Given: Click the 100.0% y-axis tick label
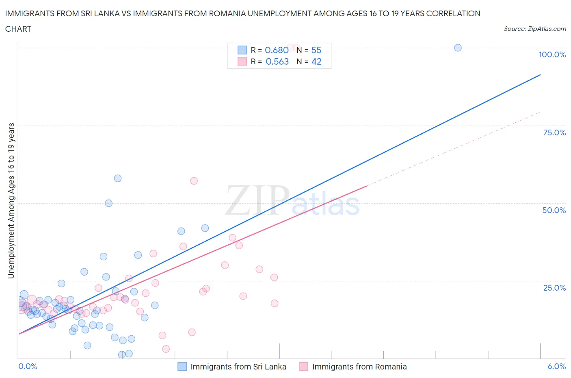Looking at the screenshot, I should [552, 55].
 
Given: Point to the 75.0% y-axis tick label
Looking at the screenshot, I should [554, 133].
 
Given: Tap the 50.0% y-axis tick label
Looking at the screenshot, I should [554, 210].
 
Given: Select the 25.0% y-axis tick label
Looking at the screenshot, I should [554, 288].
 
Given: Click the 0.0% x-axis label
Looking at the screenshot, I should [28, 366].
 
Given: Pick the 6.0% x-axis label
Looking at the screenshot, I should [556, 366].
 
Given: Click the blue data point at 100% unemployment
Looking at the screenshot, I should [458, 48].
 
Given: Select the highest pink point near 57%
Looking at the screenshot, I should [194, 181].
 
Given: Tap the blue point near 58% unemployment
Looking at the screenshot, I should [118, 178].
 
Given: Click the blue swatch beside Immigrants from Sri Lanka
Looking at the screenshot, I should [182, 367].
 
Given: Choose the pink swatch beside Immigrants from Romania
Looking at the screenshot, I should [303, 367].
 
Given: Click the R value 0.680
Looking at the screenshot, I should [277, 50].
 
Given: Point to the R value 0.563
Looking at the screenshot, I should [277, 61].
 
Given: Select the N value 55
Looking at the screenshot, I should [316, 50].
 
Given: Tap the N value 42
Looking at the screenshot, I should [316, 61].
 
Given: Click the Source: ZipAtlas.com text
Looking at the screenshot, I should [534, 29].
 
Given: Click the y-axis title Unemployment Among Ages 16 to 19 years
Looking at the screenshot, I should [11, 200].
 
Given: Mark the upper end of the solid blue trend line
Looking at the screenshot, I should [540, 75].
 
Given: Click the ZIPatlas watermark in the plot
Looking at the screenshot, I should [292, 201].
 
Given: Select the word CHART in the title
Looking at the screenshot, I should [18, 29].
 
